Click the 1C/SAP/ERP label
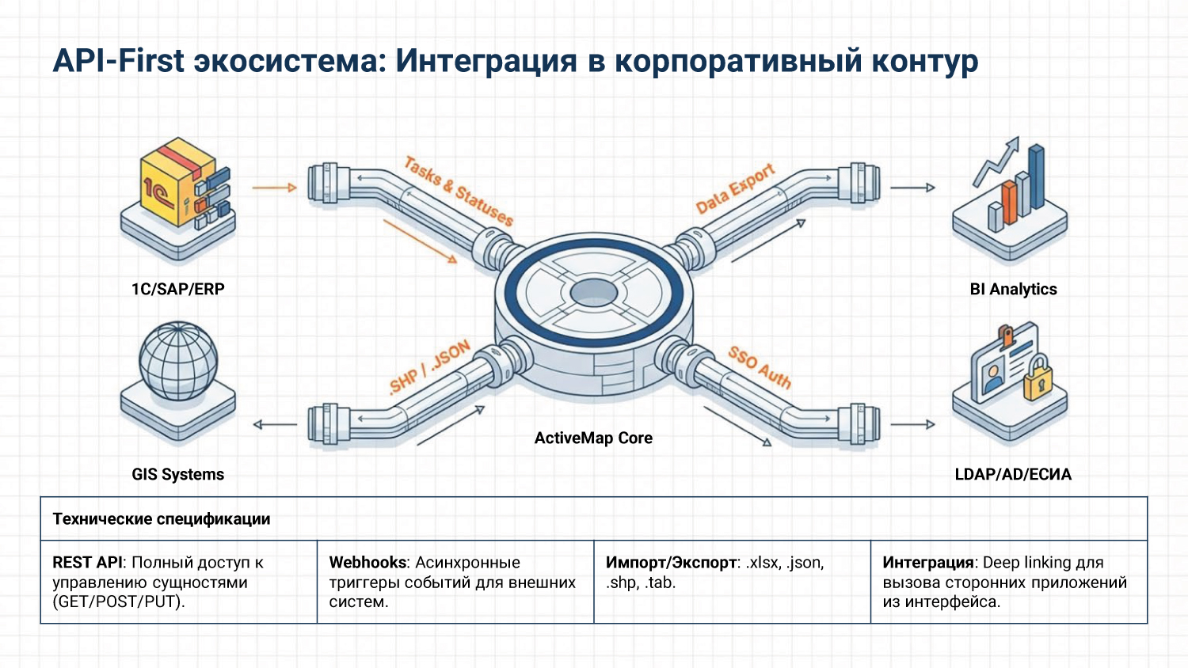pos(178,289)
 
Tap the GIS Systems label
pos(178,474)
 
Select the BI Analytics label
pos(1013,289)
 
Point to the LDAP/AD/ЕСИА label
pos(1013,474)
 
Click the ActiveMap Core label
pos(593,438)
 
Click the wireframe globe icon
pos(178,360)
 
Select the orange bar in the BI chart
pos(1008,203)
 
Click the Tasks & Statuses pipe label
pos(459,191)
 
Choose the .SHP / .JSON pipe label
pos(430,367)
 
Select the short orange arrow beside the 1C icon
pos(274,188)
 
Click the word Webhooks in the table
pos(367,562)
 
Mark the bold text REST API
pos(87,562)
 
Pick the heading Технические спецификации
pos(162,519)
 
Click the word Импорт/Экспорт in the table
pos(671,562)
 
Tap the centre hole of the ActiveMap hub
pos(593,293)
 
